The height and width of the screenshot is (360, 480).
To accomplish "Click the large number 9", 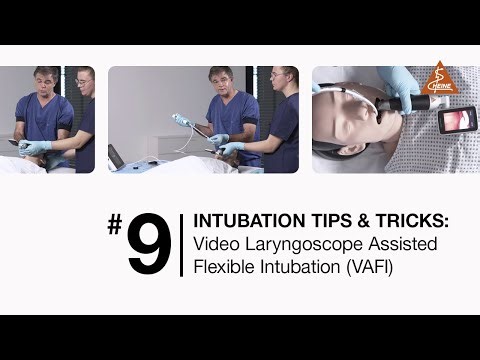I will click(x=149, y=244).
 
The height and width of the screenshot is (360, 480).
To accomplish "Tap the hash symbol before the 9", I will click(x=115, y=227).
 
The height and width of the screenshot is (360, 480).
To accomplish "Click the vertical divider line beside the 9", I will click(x=181, y=244).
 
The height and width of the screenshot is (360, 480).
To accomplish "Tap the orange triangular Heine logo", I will click(x=439, y=79).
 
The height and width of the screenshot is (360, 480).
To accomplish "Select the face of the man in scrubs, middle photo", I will click(x=221, y=83).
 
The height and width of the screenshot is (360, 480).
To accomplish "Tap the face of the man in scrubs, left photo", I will click(x=45, y=82).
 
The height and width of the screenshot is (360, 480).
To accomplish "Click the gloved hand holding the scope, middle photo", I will click(x=217, y=141).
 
